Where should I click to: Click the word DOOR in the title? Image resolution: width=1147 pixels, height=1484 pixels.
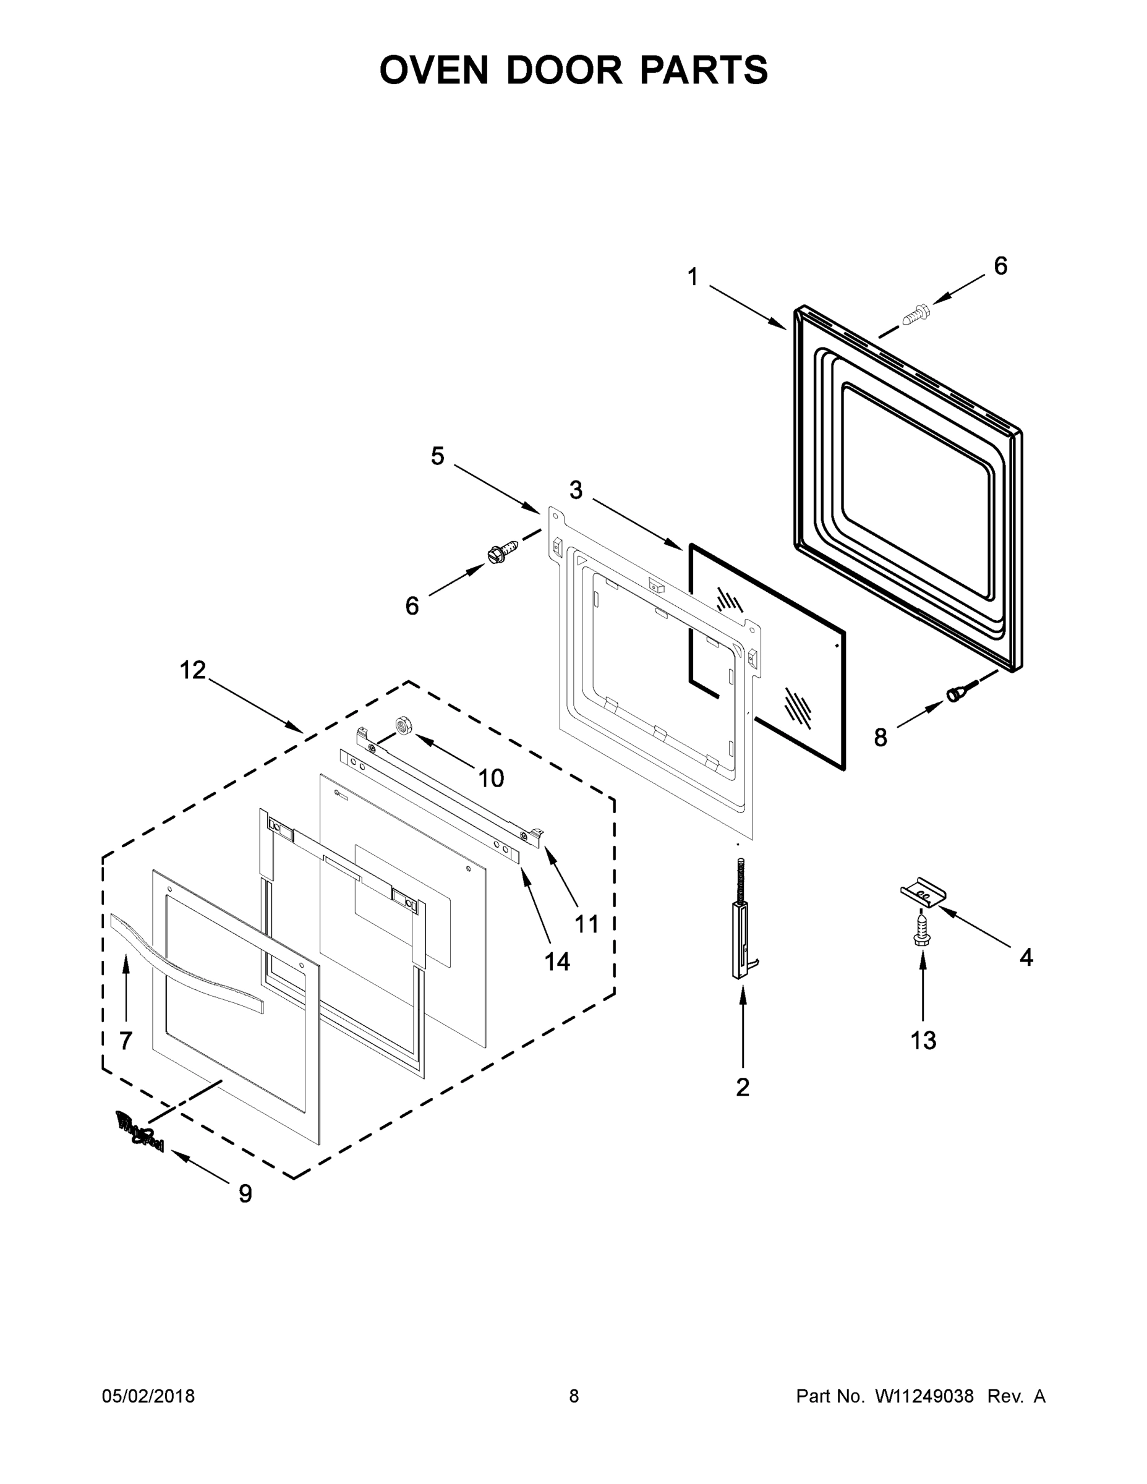click(x=563, y=70)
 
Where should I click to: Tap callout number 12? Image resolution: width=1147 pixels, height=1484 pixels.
click(x=192, y=671)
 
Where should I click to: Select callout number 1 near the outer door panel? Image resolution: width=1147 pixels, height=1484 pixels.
click(x=693, y=277)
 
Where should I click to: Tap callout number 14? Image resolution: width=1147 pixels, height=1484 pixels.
click(x=556, y=961)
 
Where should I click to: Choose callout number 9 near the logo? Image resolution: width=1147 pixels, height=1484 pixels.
click(x=245, y=1193)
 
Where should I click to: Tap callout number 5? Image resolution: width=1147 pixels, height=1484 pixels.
click(x=438, y=456)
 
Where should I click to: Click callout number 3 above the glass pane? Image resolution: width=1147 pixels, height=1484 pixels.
click(x=576, y=490)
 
